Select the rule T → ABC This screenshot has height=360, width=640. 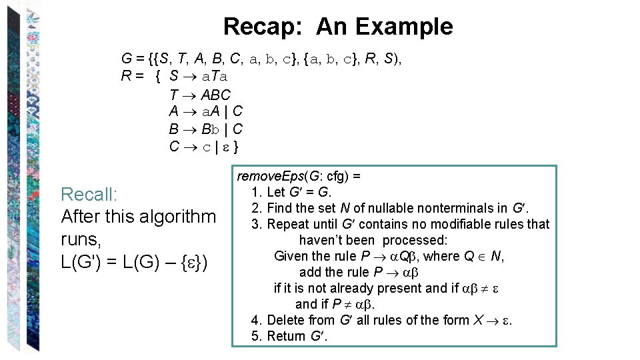tap(200, 95)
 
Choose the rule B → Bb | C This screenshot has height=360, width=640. tap(205, 129)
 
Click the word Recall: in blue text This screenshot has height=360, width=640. tap(89, 195)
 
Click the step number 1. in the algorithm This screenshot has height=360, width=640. tap(257, 192)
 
